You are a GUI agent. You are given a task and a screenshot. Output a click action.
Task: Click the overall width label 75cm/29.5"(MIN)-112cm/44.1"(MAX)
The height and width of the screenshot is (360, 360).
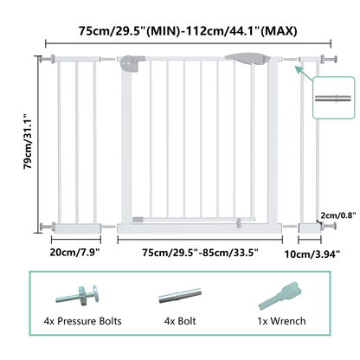click(188, 30)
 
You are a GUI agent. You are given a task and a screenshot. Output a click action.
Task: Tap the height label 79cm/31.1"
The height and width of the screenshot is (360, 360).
click(28, 142)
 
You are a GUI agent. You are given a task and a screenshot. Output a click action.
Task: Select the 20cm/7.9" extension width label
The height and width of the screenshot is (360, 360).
click(74, 252)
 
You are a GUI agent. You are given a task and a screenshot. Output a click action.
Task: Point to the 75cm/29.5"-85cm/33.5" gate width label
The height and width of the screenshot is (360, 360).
click(200, 253)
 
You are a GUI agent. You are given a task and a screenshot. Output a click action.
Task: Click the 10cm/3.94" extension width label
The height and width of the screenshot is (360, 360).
click(312, 254)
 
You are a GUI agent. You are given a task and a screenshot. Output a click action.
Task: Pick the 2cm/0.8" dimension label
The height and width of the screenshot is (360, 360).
click(338, 215)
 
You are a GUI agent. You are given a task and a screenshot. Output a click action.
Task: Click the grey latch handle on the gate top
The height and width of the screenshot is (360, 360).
click(247, 59)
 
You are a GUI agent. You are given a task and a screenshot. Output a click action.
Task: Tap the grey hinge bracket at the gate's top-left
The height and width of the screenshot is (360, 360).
click(132, 63)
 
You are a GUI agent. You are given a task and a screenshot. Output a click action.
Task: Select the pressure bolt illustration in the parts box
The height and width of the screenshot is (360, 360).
click(78, 296)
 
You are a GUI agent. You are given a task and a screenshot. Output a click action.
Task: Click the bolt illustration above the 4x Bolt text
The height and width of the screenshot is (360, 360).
click(180, 295)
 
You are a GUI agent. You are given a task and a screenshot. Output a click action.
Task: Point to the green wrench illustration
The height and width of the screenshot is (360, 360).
click(280, 295)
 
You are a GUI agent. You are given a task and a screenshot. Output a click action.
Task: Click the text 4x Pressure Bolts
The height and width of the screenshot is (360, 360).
click(82, 321)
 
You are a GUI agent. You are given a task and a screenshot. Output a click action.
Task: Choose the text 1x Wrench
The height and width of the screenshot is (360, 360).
click(281, 321)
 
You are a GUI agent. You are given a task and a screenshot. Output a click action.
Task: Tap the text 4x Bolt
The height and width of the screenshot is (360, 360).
click(180, 321)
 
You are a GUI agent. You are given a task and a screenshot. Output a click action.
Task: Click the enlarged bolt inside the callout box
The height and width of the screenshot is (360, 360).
click(333, 99)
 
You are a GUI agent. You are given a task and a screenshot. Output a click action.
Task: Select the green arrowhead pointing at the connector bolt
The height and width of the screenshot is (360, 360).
click(298, 70)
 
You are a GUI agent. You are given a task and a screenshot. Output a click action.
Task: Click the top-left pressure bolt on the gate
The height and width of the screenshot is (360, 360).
click(48, 59)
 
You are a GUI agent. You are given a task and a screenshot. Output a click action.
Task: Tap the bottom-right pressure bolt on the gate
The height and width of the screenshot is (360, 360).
click(329, 226)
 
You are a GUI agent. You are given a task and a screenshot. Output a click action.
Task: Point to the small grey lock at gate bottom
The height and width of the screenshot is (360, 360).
click(239, 223)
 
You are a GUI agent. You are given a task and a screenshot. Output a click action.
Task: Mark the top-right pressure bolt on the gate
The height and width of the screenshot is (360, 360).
click(329, 59)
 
